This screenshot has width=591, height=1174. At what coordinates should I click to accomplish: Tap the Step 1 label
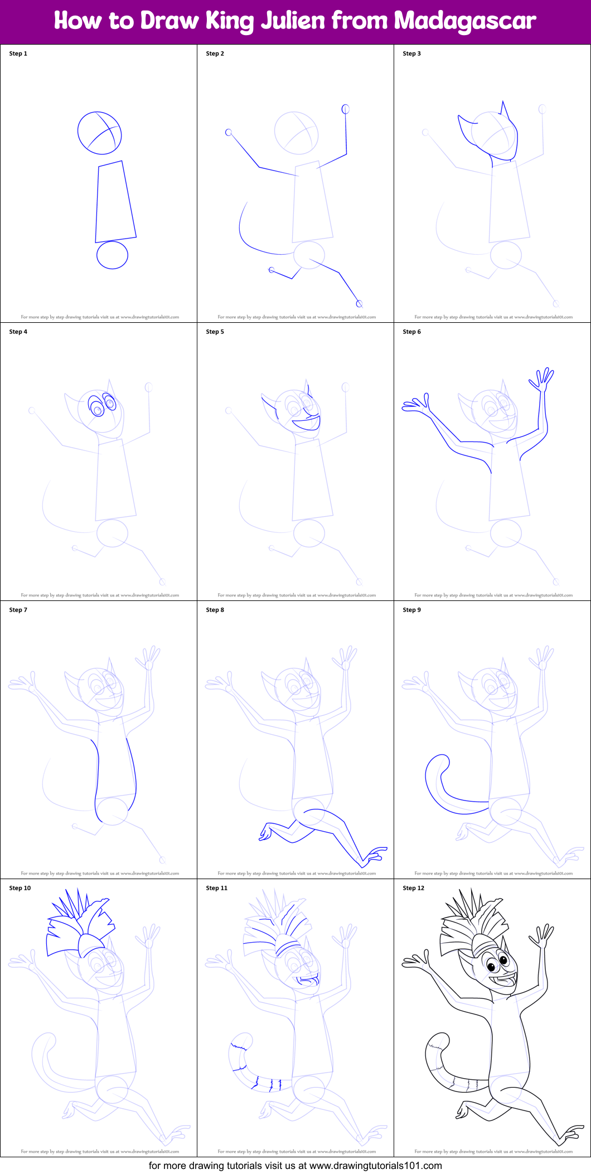click(18, 54)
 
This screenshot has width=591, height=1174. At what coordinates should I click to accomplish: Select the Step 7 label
click(18, 610)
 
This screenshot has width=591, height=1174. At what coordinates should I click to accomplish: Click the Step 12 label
click(413, 888)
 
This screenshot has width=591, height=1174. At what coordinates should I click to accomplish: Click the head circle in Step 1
click(99, 133)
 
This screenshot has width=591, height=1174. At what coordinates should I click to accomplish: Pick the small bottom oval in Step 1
click(112, 255)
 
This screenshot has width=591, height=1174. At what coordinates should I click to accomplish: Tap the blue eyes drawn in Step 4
click(103, 405)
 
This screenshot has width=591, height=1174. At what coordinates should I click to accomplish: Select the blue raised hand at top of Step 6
click(541, 380)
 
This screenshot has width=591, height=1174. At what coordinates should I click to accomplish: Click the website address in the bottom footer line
click(375, 1165)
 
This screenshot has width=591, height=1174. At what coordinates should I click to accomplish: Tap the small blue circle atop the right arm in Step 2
click(346, 109)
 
